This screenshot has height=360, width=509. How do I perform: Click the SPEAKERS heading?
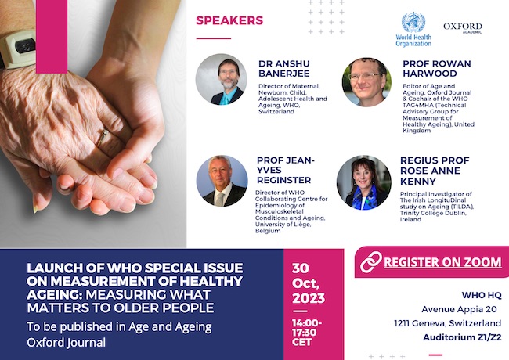coord(229,20)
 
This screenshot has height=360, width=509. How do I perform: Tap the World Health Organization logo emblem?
coord(413,22)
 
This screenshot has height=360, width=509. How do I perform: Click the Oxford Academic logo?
coord(463,27)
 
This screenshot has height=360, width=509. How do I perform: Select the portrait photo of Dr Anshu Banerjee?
coord(221,80)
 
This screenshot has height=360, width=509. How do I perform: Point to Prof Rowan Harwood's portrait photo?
coord(366,82)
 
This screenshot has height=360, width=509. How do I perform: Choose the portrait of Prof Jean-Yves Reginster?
coord(222,181)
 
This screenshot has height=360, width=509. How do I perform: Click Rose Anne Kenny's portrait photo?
coord(364,182)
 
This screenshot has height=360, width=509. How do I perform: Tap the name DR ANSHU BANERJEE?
coord(284,68)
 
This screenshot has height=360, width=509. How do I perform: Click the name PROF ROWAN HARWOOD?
coord(437,68)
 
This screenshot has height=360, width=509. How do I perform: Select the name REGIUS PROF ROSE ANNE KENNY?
coord(435,171)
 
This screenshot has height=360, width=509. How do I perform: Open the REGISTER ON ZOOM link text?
coord(442,262)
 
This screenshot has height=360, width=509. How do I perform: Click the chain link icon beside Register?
coord(371,261)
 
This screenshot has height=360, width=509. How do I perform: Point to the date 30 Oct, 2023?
coord(309,283)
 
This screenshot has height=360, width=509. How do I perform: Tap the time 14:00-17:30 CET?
coord(307,333)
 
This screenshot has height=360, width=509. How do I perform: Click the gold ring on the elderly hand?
coord(102,138)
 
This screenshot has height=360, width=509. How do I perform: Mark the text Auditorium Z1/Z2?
coord(462,337)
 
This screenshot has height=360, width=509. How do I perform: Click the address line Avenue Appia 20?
coord(459,309)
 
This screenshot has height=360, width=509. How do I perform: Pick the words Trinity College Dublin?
coord(433,213)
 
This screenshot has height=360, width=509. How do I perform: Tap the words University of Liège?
coord(283,225)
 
